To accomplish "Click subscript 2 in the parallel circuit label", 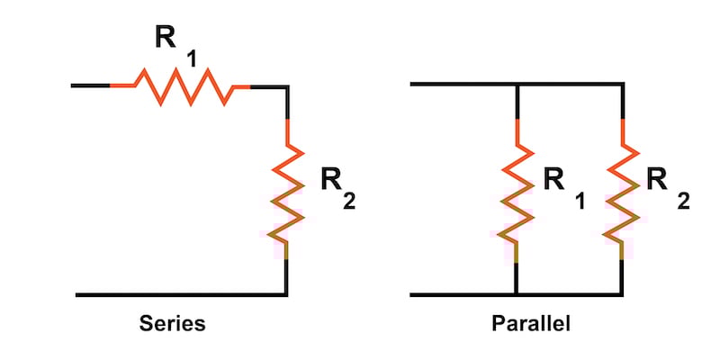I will [683, 202].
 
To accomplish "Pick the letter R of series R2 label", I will [330, 180].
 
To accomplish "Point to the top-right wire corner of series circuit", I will [286, 86].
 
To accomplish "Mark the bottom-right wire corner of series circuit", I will [286, 294].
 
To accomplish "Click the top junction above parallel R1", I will [516, 85].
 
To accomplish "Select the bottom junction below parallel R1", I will [516, 294].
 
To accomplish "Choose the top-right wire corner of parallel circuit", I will [622, 85].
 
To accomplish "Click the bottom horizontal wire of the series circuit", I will [180, 294].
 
